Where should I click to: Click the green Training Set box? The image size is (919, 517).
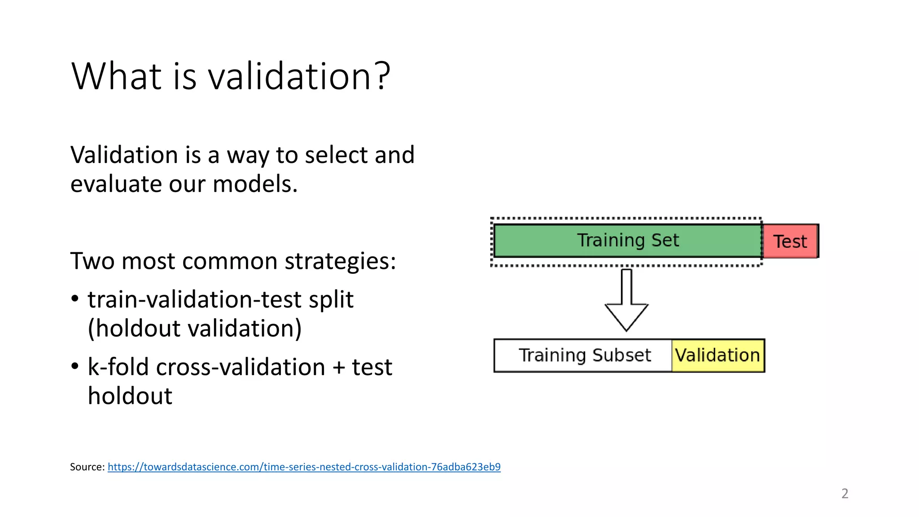pyautogui.click(x=627, y=241)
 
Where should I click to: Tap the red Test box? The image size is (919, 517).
pyautogui.click(x=790, y=241)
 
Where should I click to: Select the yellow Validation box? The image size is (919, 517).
pyautogui.click(x=717, y=355)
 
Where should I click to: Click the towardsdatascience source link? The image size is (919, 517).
pyautogui.click(x=304, y=467)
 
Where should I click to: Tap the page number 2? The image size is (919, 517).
pyautogui.click(x=845, y=494)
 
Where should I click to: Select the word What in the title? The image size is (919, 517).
pyautogui.click(x=116, y=76)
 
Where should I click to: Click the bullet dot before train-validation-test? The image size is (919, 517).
pyautogui.click(x=75, y=299)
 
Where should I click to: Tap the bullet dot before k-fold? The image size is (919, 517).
pyautogui.click(x=75, y=366)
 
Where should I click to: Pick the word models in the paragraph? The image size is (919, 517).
pyautogui.click(x=254, y=184)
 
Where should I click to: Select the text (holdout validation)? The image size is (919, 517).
pyautogui.click(x=194, y=329)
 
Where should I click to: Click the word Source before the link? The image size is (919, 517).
pyautogui.click(x=87, y=467)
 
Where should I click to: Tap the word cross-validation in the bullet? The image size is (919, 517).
pyautogui.click(x=241, y=367)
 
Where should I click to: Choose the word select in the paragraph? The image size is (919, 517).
pyautogui.click(x=336, y=155)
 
